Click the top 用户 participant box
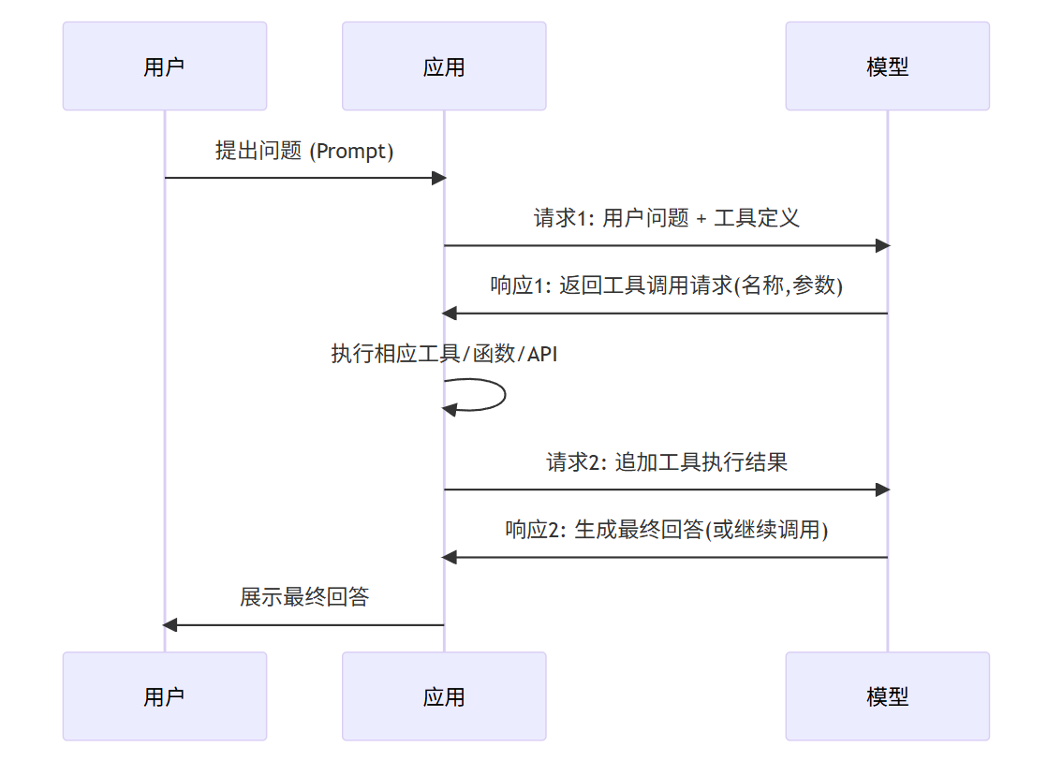(165, 66)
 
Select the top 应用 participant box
(444, 66)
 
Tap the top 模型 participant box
(887, 66)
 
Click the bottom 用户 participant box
(165, 696)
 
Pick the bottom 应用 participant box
(444, 696)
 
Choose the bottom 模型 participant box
(887, 696)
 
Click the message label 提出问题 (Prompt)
(304, 151)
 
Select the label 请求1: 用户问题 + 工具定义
(666, 218)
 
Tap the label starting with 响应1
(666, 285)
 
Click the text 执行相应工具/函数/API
(444, 354)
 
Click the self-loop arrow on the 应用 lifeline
(503, 394)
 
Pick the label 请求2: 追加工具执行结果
(666, 461)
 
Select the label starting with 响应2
(666, 530)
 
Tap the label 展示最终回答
(304, 597)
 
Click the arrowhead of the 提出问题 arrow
(438, 178)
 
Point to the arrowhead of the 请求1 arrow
(881, 245)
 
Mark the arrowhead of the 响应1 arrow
(450, 314)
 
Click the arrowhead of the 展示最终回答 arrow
(170, 624)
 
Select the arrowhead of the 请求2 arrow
(881, 490)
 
